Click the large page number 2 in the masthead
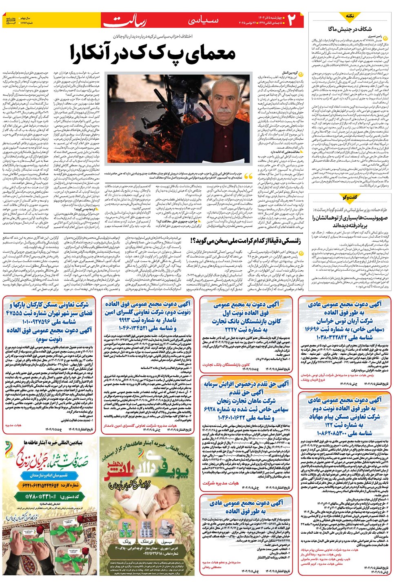(292, 20)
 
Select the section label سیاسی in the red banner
(204, 20)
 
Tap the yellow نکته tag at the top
(350, 16)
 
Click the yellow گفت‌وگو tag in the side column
(350, 197)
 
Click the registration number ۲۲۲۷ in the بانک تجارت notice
(231, 329)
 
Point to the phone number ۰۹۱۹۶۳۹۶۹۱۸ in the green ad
(147, 554)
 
